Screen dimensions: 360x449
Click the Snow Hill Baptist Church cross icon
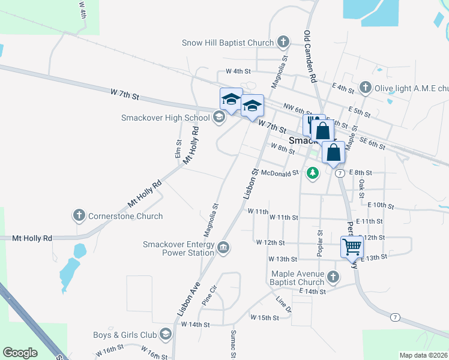(284, 43)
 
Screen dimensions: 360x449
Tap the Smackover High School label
(165, 118)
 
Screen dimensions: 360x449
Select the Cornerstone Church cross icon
(79, 216)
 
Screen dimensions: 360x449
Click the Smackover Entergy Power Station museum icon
(223, 247)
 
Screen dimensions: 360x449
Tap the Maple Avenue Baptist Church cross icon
(334, 277)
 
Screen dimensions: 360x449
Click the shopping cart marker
(352, 246)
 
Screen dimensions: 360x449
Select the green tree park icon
(312, 173)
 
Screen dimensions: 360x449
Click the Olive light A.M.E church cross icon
(365, 88)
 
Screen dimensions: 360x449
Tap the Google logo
(20, 353)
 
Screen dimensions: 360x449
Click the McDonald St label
(280, 173)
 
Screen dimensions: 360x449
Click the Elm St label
(178, 149)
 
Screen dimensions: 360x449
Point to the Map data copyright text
(423, 355)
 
